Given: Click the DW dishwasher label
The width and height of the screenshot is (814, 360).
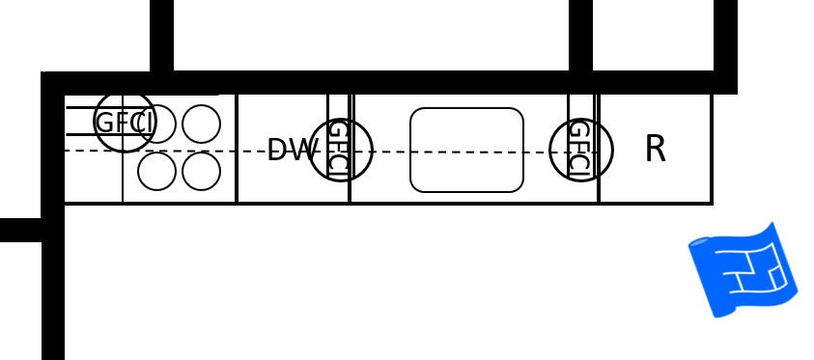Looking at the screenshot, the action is point(292,150).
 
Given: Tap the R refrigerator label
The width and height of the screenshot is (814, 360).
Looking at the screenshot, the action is point(655,149).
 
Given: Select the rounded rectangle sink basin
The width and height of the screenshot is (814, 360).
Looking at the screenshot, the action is point(466,150).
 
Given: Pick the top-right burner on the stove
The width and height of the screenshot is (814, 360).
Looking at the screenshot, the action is point(201,124).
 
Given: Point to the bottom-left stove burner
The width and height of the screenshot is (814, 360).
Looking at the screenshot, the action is point(156,172).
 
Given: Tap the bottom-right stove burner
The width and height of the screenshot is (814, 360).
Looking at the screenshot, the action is point(201,172).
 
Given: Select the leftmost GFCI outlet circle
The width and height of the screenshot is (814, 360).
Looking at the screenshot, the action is point(125,123).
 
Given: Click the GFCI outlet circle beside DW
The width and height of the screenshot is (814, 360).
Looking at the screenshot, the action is point(340,150).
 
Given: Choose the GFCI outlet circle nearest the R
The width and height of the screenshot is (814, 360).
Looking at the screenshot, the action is point(580,150).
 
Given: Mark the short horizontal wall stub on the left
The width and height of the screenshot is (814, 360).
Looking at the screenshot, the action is point(21,230).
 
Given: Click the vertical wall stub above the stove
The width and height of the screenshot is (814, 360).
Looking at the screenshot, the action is point(161,36).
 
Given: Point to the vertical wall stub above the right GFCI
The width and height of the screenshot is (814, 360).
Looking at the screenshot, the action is point(580,36).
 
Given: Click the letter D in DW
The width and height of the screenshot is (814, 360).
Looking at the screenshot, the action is point(278,150).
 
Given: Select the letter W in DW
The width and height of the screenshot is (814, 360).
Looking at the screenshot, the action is point(303,150).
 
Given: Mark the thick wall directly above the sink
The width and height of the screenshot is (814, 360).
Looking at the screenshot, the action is point(466,82).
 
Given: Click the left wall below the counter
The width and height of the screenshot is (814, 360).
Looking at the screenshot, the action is point(53,290).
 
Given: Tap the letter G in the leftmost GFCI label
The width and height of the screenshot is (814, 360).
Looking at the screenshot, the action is point(104,123).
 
